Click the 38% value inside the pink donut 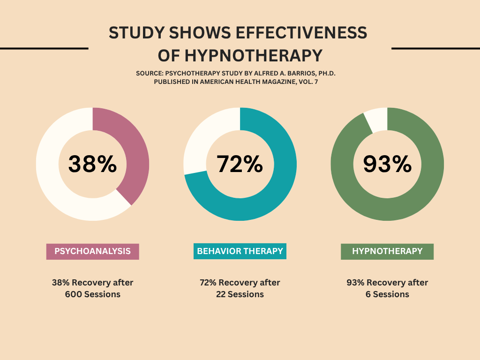pyautogui.click(x=92, y=164)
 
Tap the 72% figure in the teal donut pyautogui.click(x=240, y=164)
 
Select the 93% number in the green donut pyautogui.click(x=387, y=164)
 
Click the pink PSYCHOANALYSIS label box pyautogui.click(x=92, y=251)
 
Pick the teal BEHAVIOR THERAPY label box pyautogui.click(x=240, y=251)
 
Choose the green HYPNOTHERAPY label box pyautogui.click(x=387, y=251)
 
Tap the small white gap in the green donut pyautogui.click(x=377, y=120)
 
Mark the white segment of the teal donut pyautogui.click(x=202, y=141)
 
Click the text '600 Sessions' pyautogui.click(x=92, y=295)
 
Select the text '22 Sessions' pyautogui.click(x=240, y=295)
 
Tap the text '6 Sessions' pyautogui.click(x=387, y=295)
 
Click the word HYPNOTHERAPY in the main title pyautogui.click(x=253, y=56)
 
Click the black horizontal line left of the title pyautogui.click(x=44, y=48)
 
